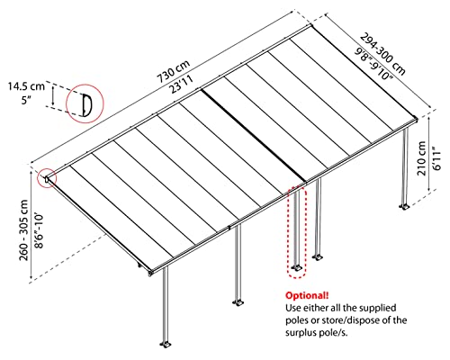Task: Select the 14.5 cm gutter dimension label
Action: (26, 86)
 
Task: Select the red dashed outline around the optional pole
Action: (296, 229)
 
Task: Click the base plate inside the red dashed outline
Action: (296, 268)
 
